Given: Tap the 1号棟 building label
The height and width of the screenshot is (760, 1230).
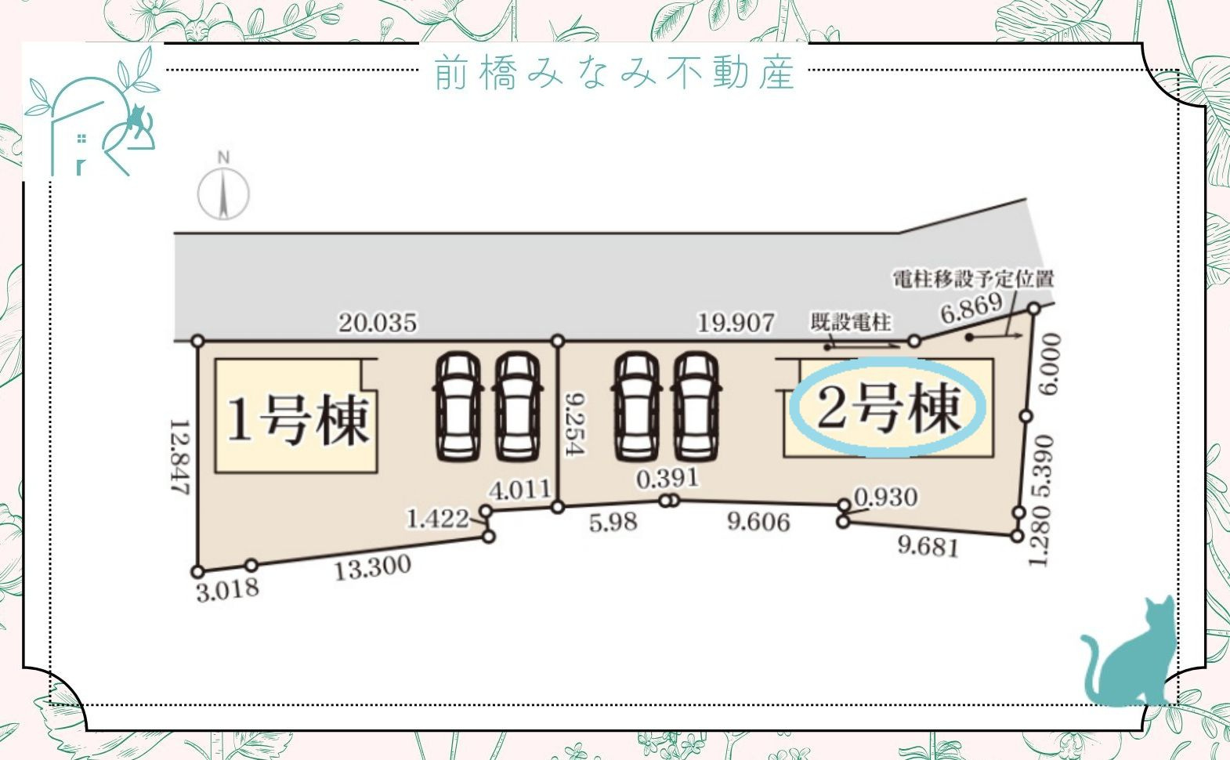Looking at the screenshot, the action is (298, 420).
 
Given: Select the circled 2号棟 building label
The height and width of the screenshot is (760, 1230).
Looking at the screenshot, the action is (888, 407).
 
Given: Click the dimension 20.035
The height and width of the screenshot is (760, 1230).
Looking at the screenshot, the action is (378, 323).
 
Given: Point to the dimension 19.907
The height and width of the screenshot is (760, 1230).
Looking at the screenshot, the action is (736, 323).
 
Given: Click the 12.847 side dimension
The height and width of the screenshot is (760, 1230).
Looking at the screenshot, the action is (180, 458).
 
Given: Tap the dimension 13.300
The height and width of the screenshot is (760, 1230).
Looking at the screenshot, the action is (373, 568).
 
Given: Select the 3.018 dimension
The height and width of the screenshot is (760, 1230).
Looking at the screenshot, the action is (227, 590).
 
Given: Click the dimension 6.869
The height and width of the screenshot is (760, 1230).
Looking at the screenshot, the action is (971, 309).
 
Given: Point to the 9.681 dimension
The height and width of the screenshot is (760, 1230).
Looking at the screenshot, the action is (928, 546).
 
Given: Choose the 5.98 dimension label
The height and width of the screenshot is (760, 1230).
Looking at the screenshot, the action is (613, 523).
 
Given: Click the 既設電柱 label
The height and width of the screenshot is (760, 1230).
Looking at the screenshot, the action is (851, 322).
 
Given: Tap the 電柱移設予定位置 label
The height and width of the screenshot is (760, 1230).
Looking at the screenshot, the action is (973, 279).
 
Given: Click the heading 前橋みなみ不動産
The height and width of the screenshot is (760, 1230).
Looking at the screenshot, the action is (615, 72).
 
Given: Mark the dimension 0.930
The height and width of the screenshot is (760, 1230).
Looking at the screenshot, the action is (886, 498).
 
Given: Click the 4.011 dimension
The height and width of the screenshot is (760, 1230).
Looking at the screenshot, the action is (519, 490).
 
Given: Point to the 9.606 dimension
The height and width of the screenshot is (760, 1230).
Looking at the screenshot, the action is (759, 522).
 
